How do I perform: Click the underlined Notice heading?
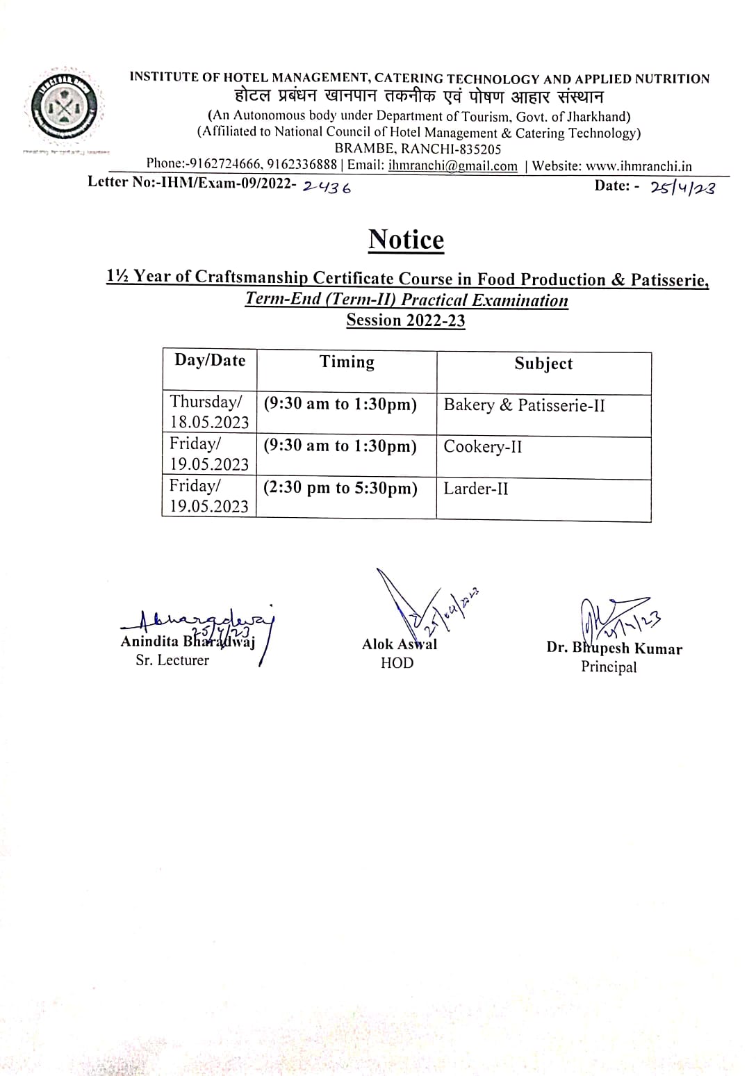coord(406,240)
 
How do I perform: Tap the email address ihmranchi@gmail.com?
coord(452,166)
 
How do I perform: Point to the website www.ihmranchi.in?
coord(639,166)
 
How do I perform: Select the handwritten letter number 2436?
coord(327,186)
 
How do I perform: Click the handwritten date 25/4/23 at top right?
coord(682,187)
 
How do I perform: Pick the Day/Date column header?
coord(210,360)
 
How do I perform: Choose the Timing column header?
coord(347,362)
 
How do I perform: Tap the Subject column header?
coord(543,364)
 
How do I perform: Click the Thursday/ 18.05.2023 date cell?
coord(209,411)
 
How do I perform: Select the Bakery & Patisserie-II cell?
coord(525,405)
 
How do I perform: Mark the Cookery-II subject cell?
coord(483,446)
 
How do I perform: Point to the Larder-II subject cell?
coord(476,489)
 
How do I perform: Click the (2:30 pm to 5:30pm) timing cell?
coord(340,488)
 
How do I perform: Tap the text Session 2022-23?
coord(406,320)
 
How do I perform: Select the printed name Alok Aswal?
coord(400,644)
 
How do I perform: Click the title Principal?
coord(609,667)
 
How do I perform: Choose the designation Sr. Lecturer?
coord(172,660)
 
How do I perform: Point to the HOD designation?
coord(397,663)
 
